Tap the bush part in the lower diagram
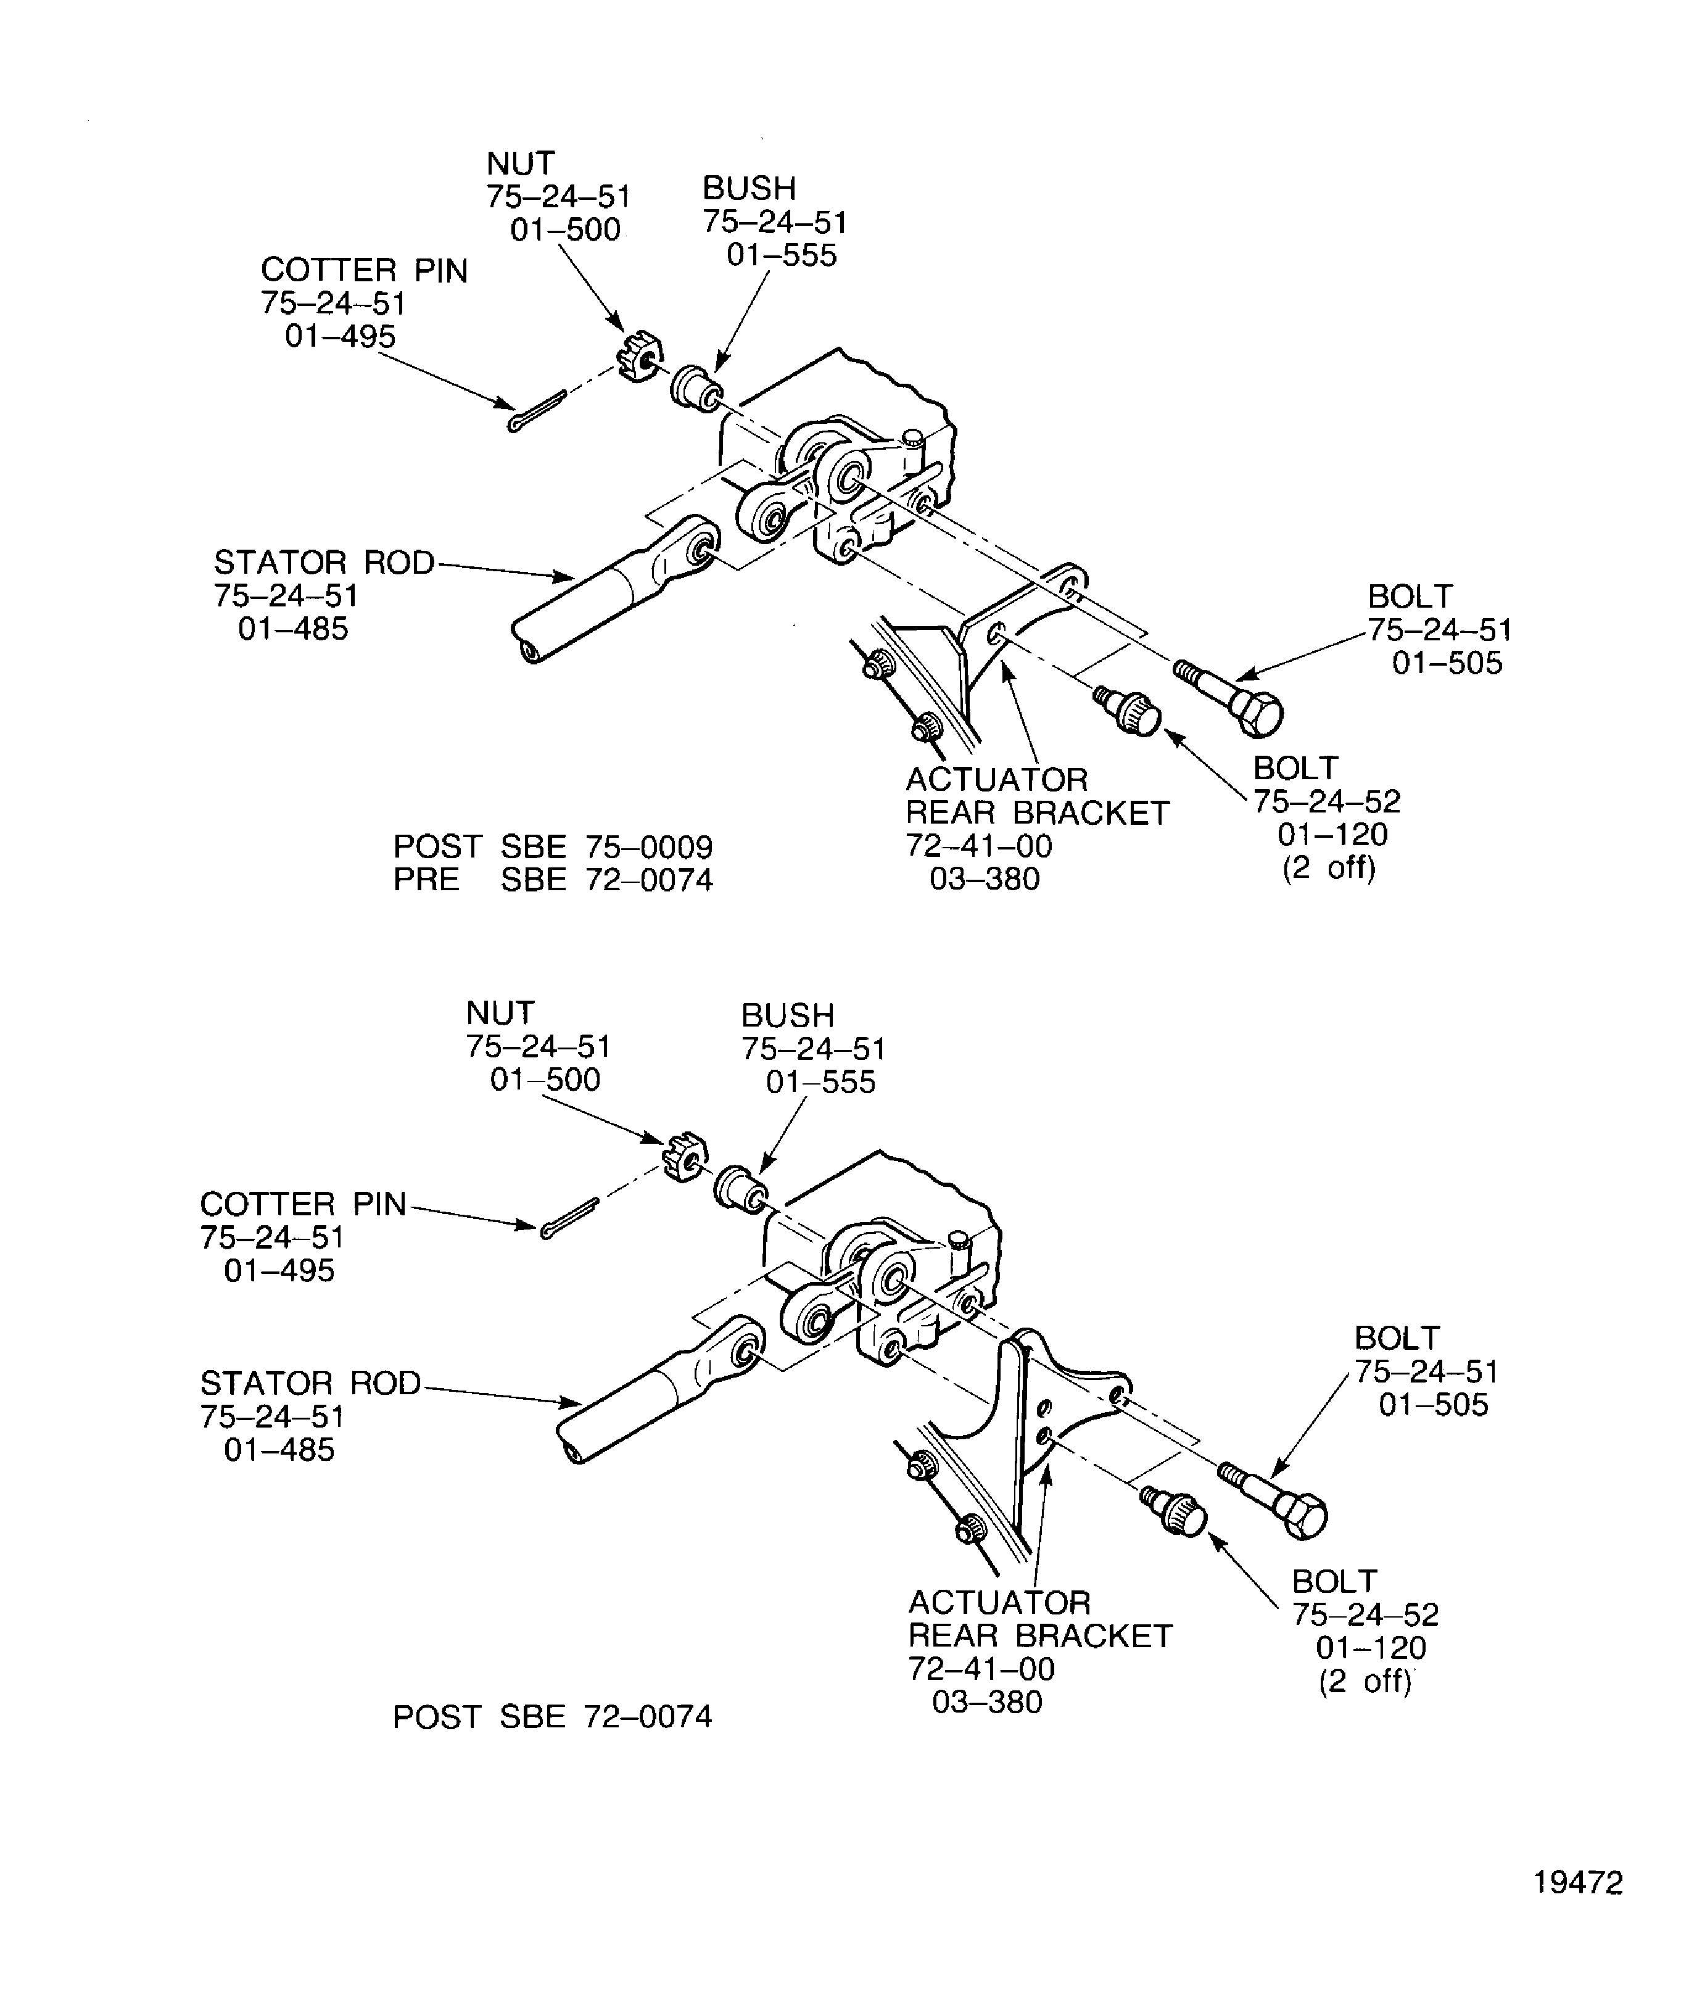(740, 1191)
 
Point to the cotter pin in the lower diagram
(569, 1218)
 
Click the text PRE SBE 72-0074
(553, 880)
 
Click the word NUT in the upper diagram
(521, 163)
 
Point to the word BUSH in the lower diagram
(787, 1015)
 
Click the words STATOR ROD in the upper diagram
(324, 563)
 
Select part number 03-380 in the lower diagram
(988, 1703)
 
